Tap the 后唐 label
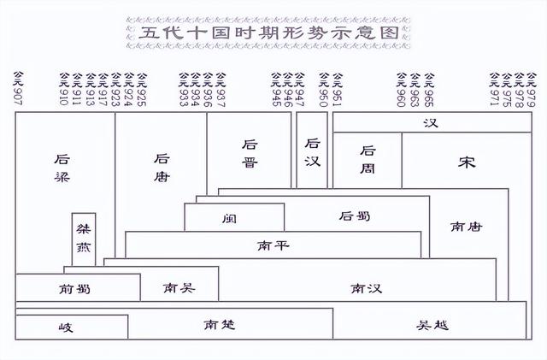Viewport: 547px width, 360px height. (162, 168)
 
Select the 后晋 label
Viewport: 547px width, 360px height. (250, 153)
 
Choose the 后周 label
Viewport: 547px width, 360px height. (368, 158)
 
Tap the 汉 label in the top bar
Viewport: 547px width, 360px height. (430, 123)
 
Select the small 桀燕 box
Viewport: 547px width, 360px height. (84, 239)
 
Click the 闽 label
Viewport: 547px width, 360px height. (228, 217)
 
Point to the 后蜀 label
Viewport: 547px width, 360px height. (355, 216)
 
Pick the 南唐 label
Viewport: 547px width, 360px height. (466, 227)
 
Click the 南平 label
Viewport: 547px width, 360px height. (273, 245)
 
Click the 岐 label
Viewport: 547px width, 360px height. (67, 328)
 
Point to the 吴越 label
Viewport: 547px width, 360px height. (432, 326)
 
